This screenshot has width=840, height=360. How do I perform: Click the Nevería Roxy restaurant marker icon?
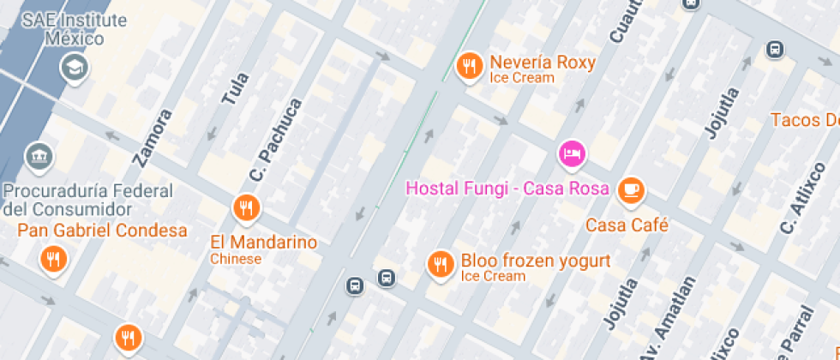tap(469, 66)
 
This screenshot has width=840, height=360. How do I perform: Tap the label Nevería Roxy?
tap(542, 63)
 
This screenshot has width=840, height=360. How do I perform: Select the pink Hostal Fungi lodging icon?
tap(572, 154)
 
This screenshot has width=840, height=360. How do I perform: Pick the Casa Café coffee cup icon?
tap(632, 190)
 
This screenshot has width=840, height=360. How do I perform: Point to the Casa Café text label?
tap(627, 225)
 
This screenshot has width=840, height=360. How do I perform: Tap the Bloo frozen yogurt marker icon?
tap(441, 263)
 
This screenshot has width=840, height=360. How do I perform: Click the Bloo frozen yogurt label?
tap(536, 261)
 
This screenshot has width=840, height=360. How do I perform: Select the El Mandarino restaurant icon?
tap(245, 207)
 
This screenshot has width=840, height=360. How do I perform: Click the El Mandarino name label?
tap(263, 243)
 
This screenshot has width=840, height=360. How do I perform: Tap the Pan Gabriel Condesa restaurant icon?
tap(53, 258)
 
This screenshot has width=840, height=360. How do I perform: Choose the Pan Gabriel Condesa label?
tap(102, 231)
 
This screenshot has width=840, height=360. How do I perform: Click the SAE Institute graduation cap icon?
tap(75, 68)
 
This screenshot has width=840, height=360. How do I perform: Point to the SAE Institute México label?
tap(74, 29)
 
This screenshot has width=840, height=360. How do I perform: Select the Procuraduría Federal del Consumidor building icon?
tap(39, 157)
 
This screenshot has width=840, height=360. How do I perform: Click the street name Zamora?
tap(153, 137)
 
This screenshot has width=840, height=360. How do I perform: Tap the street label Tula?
tap(235, 89)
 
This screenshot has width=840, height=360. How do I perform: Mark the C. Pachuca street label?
tap(276, 140)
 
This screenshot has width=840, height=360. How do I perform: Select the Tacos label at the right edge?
tap(804, 120)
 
